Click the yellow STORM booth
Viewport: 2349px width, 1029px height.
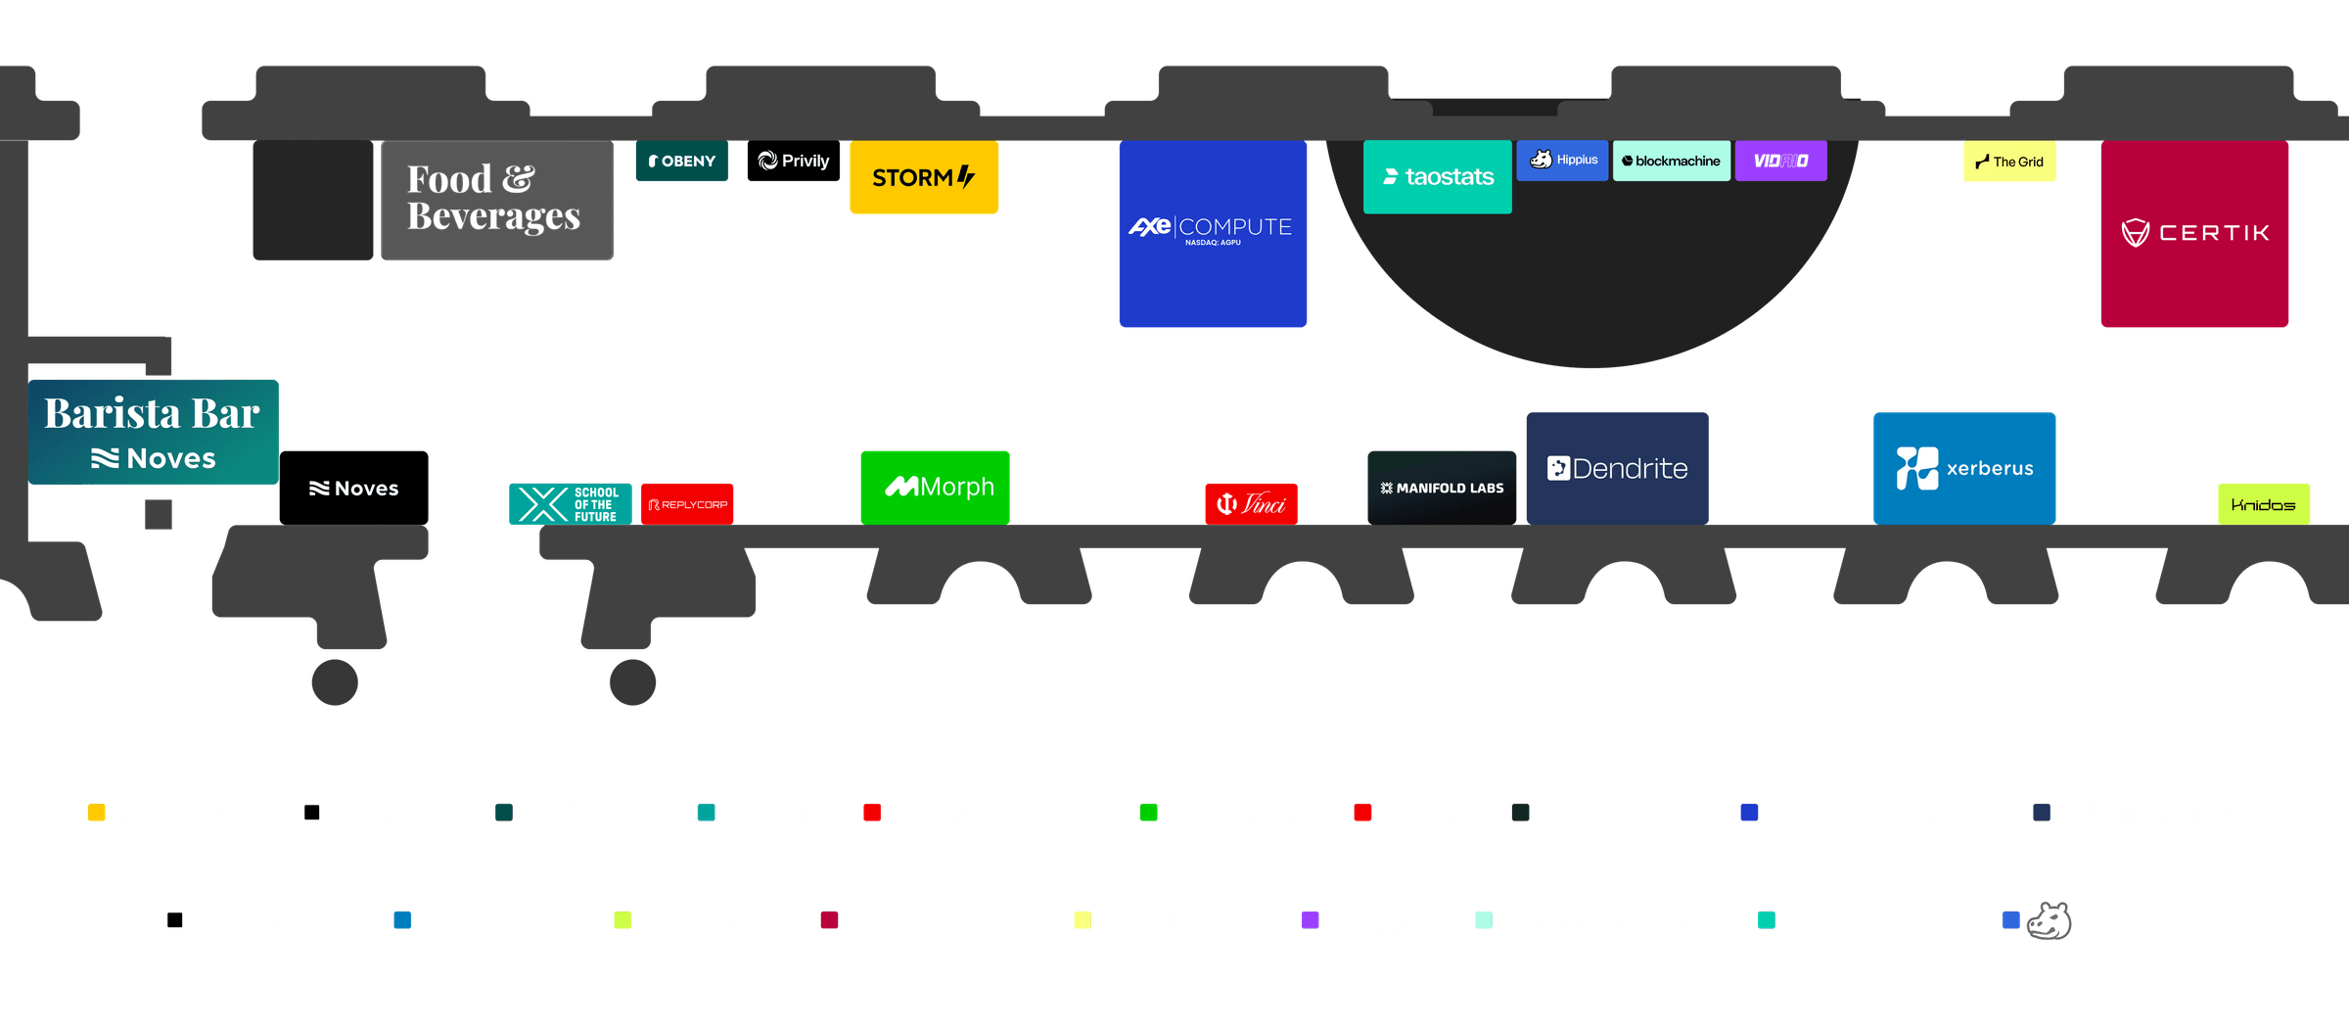[x=924, y=177]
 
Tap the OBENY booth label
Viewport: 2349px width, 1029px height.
[x=682, y=161]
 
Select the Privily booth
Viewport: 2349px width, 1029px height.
[x=794, y=161]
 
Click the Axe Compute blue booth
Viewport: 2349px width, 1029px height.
[x=1213, y=233]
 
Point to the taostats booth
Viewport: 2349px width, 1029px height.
[x=1438, y=177]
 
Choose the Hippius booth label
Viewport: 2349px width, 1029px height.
[x=1562, y=161]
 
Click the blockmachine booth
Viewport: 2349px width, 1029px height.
[x=1672, y=161]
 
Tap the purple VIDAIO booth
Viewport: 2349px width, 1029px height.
[x=1781, y=161]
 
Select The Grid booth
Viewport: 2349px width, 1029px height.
[x=2009, y=162]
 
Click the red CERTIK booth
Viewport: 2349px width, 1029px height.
[x=2194, y=233]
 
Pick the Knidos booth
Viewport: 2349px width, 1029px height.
[x=2264, y=504]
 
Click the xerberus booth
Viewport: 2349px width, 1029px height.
[x=1964, y=468]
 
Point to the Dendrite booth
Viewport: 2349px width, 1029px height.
[x=1618, y=468]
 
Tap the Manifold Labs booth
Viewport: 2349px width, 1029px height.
[x=1442, y=488]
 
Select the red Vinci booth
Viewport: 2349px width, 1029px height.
[x=1251, y=504]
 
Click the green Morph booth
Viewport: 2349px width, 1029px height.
[x=935, y=488]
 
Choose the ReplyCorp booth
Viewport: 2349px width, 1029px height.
[x=687, y=504]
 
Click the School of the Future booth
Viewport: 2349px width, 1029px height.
[x=571, y=504]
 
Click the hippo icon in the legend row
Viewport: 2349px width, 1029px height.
[x=2050, y=921]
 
